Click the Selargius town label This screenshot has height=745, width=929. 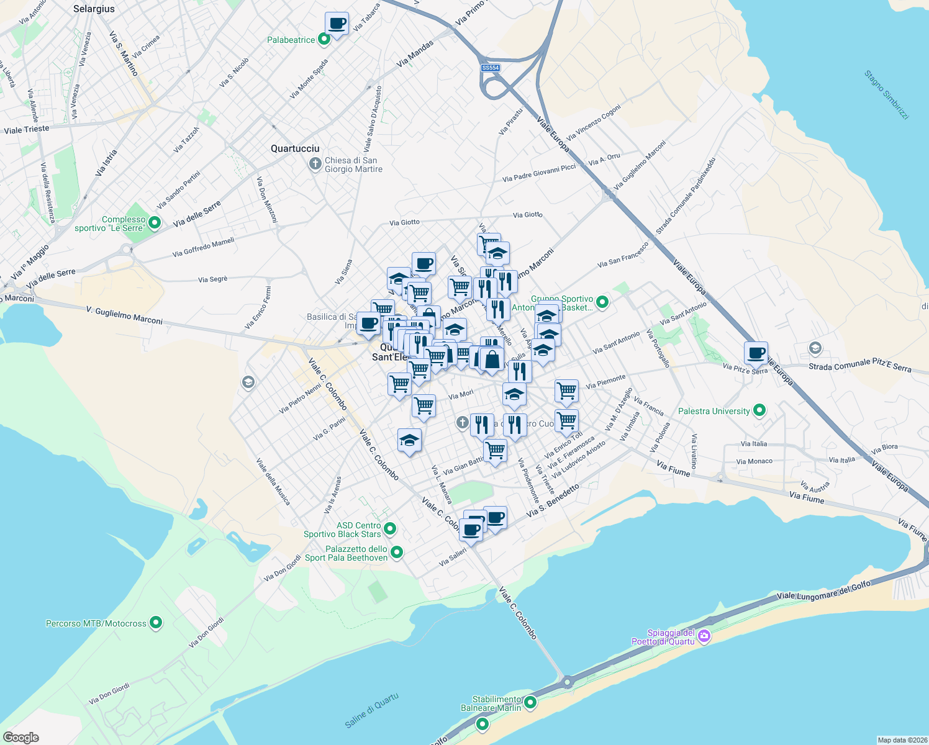[94, 9]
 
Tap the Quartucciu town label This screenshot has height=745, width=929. [295, 148]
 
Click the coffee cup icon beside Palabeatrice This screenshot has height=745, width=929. [337, 24]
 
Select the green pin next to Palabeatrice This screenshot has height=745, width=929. [324, 40]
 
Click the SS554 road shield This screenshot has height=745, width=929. [490, 68]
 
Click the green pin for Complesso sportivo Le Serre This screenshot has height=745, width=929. [155, 222]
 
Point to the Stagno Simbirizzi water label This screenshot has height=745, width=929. [887, 95]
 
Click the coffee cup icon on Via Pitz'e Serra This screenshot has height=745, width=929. [756, 353]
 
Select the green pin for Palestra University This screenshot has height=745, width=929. [759, 410]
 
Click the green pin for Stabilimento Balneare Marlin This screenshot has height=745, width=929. [530, 702]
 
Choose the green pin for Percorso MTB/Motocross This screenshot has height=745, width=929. [156, 622]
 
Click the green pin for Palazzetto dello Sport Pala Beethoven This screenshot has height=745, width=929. [397, 552]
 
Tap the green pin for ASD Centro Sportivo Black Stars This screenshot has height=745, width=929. [390, 529]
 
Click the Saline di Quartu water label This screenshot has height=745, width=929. [371, 711]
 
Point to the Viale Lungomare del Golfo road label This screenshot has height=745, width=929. [823, 590]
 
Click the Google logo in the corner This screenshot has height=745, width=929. [21, 737]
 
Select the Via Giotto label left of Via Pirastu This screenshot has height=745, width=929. [404, 222]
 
